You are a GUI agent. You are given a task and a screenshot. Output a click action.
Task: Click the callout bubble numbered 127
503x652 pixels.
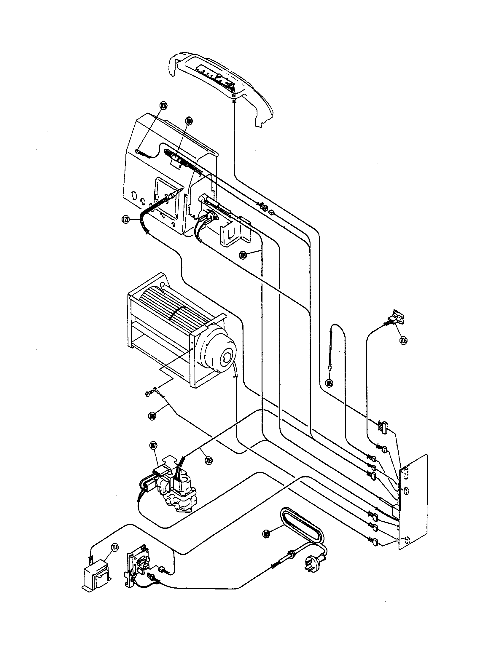coord(126,220)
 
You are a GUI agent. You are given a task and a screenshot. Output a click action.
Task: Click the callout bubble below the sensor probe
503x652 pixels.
coord(329,383)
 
